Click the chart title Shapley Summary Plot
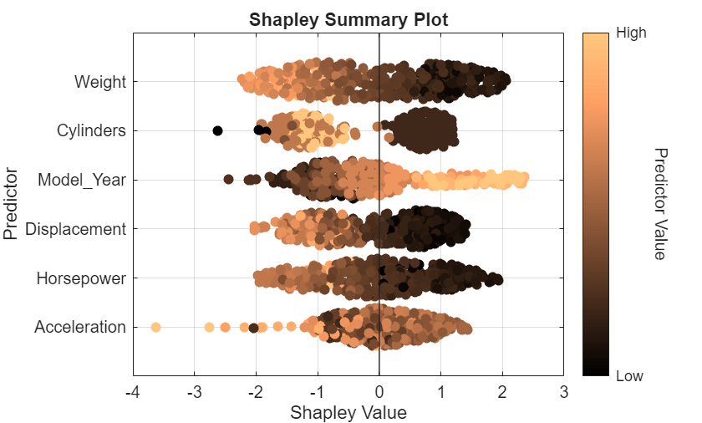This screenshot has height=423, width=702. point(348,20)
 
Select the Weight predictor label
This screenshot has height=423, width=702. point(99,82)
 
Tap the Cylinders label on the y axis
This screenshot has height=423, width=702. point(91,130)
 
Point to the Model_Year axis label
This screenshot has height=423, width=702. point(81,180)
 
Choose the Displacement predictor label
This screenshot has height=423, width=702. point(75,229)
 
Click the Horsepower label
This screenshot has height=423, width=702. point(81,278)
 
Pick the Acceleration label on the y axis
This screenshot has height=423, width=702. point(79,327)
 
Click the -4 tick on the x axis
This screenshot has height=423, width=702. point(132,392)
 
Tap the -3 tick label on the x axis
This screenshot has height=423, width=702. point(194,392)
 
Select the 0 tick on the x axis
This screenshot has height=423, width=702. point(379,392)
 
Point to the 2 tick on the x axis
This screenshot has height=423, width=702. point(502,392)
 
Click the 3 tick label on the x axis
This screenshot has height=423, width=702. point(564,392)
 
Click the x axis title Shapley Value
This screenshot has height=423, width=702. point(348,412)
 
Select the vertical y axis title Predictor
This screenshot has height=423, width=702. point(11,204)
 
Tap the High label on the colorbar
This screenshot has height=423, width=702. point(630,33)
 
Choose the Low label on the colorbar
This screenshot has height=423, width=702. point(629,376)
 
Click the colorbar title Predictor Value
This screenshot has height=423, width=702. point(659,204)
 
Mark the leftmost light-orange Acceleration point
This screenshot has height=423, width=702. point(155,327)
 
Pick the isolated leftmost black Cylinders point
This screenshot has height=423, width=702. point(217,130)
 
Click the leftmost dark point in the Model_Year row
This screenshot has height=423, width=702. point(228,179)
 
